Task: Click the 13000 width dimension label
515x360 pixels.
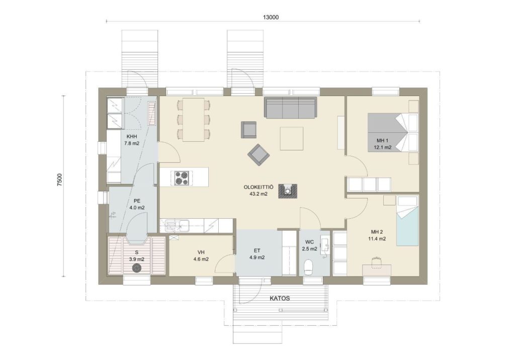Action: (271, 18)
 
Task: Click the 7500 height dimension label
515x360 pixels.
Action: (59, 180)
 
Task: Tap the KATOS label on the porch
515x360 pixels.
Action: (280, 299)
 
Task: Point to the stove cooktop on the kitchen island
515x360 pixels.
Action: (182, 177)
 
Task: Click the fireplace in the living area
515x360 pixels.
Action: (288, 191)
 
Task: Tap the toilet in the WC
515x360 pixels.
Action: (309, 267)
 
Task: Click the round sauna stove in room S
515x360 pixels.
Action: (137, 268)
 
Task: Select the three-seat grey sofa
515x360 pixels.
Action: (291, 107)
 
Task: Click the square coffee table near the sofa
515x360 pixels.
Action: (291, 138)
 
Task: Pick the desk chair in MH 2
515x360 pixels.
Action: (376, 262)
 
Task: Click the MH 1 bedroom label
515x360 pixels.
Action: (383, 141)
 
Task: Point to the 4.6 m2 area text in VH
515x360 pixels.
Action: (201, 259)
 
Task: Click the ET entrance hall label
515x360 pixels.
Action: (257, 250)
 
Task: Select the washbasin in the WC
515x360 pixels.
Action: (325, 244)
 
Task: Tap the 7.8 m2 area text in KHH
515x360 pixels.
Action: (132, 143)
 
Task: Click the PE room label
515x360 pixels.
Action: (137, 201)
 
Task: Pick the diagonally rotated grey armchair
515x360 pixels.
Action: (259, 155)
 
